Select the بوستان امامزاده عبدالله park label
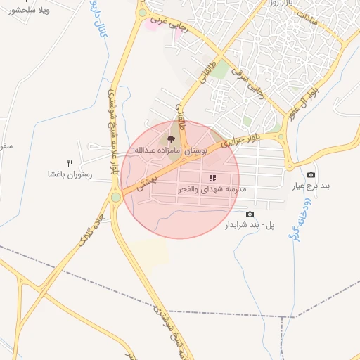tap(169, 150)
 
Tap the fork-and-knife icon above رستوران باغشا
tap(70, 162)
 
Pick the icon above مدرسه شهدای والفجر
tap(212, 178)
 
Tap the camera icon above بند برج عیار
tap(311, 175)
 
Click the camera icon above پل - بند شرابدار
tap(250, 214)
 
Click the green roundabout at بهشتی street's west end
tap(115, 197)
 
